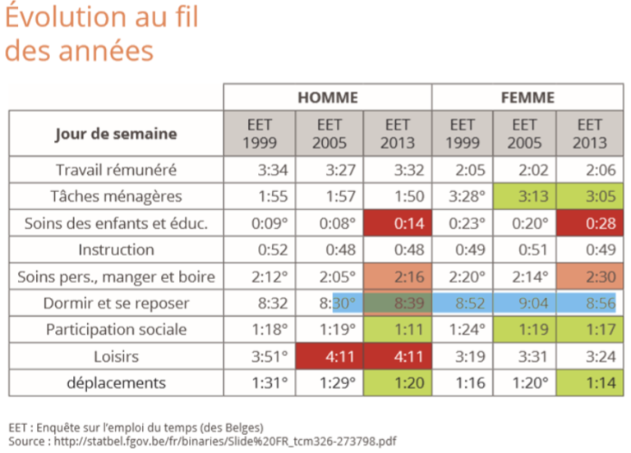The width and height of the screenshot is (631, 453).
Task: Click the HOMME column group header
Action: [x=327, y=97]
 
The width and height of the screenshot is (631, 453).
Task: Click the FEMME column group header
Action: [x=527, y=97]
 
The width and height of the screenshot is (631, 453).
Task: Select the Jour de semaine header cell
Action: [x=116, y=134]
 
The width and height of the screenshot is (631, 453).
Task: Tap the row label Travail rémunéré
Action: [x=116, y=170]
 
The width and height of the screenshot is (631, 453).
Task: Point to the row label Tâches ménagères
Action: [x=116, y=196]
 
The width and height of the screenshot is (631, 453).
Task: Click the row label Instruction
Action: [x=116, y=249]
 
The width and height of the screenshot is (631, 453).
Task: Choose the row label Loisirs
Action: [x=116, y=356]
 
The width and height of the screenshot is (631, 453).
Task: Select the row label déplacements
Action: [x=116, y=383]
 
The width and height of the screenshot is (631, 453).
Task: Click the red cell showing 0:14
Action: [x=397, y=223]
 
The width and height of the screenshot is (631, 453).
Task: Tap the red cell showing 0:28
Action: [x=588, y=223]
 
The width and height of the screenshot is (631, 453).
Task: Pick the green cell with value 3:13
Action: [x=524, y=196]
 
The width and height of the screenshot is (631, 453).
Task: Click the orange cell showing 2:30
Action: [x=588, y=277]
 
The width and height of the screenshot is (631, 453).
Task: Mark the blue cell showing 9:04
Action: [x=524, y=303]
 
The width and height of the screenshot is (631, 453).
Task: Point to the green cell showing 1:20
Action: [x=397, y=383]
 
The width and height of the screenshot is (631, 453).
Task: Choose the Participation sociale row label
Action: [x=116, y=330]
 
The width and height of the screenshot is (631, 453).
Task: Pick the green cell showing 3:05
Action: [x=588, y=196]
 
